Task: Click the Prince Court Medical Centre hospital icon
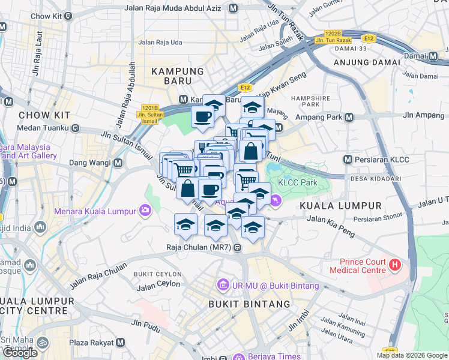tap(395, 264)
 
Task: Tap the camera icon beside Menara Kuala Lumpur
tap(145, 211)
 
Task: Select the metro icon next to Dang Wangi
tap(118, 163)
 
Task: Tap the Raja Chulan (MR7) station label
tap(200, 247)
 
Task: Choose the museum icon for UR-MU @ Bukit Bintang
tap(223, 283)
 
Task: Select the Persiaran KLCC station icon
tap(348, 160)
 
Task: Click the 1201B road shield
tap(150, 108)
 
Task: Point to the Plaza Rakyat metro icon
tap(120, 342)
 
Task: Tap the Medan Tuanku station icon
tap(76, 128)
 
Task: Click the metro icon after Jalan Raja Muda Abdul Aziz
tap(233, 8)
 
